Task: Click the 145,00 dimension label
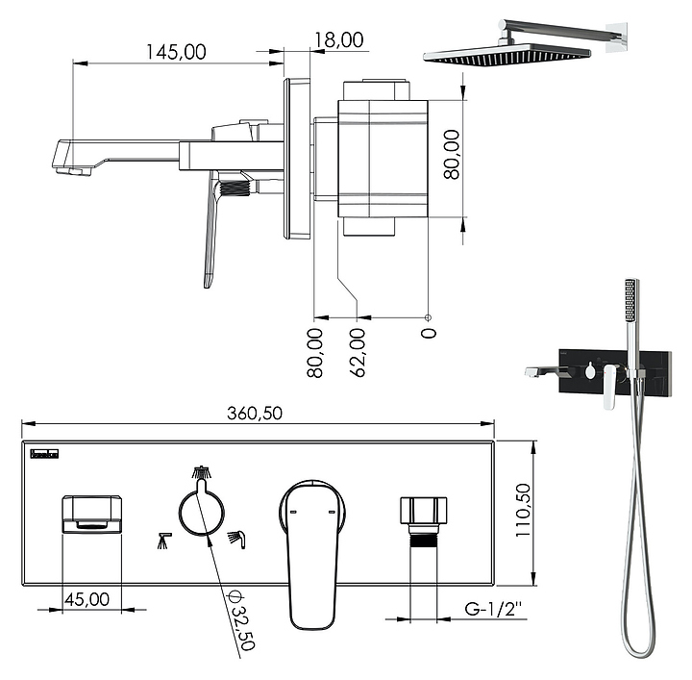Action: [176, 52]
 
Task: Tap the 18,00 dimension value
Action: [338, 40]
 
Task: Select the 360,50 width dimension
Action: [255, 414]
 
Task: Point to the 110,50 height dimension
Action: [524, 510]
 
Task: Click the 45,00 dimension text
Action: [86, 599]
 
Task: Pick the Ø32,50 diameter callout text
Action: [241, 620]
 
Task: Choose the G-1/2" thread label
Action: [493, 609]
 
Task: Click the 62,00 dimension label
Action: [358, 353]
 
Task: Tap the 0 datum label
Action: [428, 333]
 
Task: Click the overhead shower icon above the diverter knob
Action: [202, 472]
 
